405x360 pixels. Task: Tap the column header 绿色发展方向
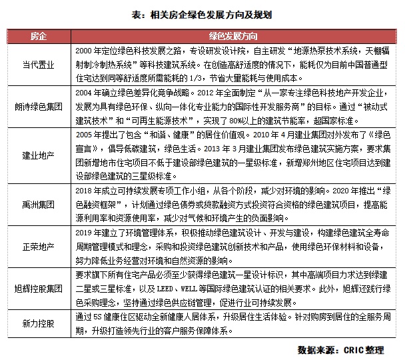[x=238, y=34]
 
